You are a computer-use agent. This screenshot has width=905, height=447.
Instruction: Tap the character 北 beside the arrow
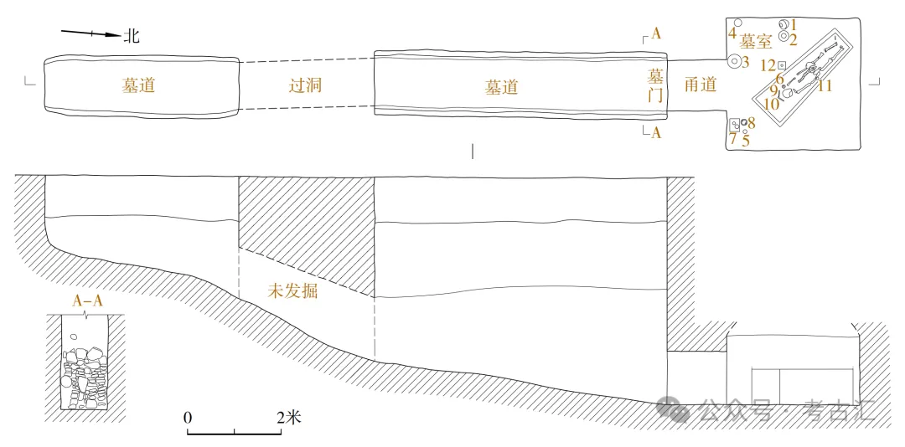(132, 35)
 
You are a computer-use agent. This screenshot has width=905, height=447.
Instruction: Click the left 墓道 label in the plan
(137, 85)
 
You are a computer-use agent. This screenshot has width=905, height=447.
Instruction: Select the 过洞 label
(305, 85)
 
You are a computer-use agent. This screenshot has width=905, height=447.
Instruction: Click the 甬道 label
(700, 85)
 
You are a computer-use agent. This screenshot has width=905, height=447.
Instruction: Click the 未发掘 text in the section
(292, 292)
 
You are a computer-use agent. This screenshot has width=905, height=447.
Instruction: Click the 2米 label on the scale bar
(289, 417)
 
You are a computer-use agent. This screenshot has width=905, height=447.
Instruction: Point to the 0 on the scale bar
(189, 417)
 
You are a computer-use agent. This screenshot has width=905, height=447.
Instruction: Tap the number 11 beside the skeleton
(825, 85)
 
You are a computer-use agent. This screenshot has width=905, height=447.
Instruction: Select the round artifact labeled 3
(734, 61)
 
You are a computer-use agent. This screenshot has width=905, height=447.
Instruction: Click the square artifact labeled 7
(734, 125)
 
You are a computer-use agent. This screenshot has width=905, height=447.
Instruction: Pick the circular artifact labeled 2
(783, 37)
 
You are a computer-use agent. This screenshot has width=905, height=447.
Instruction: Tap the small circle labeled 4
(737, 23)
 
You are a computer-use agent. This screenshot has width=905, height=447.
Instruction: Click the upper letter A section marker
(655, 34)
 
